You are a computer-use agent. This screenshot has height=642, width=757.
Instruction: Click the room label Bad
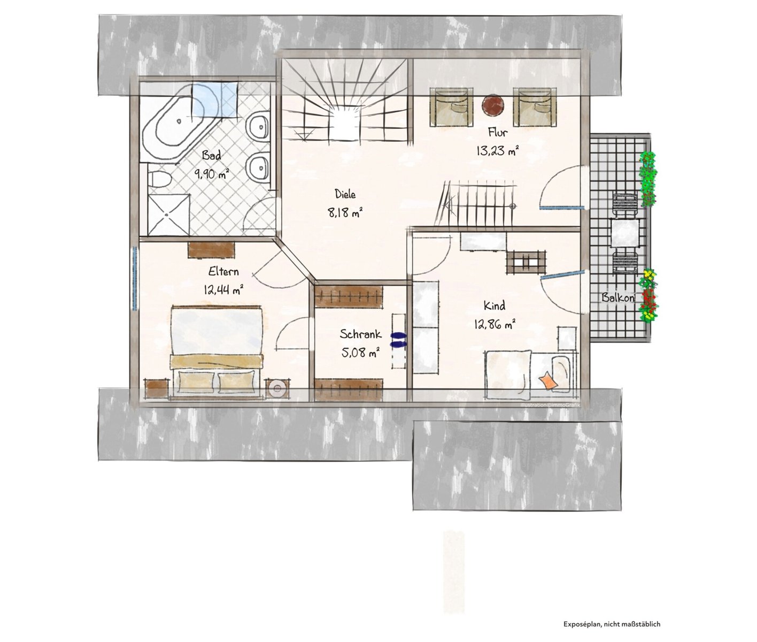pos(212,155)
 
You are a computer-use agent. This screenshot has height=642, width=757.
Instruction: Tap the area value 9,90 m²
pos(212,173)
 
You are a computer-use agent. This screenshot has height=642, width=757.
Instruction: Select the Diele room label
pos(345,194)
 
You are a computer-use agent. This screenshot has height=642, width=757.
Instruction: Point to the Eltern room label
pos(223,272)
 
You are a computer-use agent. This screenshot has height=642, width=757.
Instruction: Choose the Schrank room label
pos(360,334)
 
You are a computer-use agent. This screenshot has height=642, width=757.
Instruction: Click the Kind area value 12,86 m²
pos(495,324)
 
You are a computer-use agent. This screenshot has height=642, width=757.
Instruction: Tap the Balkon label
pos(618,297)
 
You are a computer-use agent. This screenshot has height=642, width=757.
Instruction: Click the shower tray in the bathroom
pos(169,215)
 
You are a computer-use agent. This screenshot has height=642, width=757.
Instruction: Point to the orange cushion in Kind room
pos(549,380)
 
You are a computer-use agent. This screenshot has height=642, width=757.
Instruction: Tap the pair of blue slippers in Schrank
pos(398,340)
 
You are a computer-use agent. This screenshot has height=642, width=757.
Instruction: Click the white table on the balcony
pos(624,233)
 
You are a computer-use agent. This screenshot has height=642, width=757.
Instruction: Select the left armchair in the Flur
pos(451,107)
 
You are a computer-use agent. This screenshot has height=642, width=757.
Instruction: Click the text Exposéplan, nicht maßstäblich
pos(612,624)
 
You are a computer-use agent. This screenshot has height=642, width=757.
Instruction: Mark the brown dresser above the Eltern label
pos(211,250)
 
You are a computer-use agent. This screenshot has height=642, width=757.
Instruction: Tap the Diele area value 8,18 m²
pos(345,212)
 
